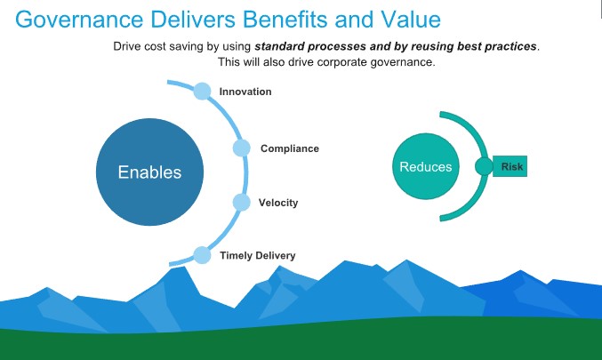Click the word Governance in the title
point(79,20)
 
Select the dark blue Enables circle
point(149,172)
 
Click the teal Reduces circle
point(426,166)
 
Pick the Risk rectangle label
point(510,166)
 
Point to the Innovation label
point(245,92)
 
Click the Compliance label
point(290,148)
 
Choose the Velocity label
point(278,203)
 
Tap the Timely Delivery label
point(258,256)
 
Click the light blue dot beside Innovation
point(202,91)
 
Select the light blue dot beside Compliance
point(242,148)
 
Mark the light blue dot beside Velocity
point(242,203)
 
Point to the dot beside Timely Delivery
point(202,255)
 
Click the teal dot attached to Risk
point(484,166)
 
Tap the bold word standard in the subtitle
point(279,46)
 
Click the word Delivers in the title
point(193,20)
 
